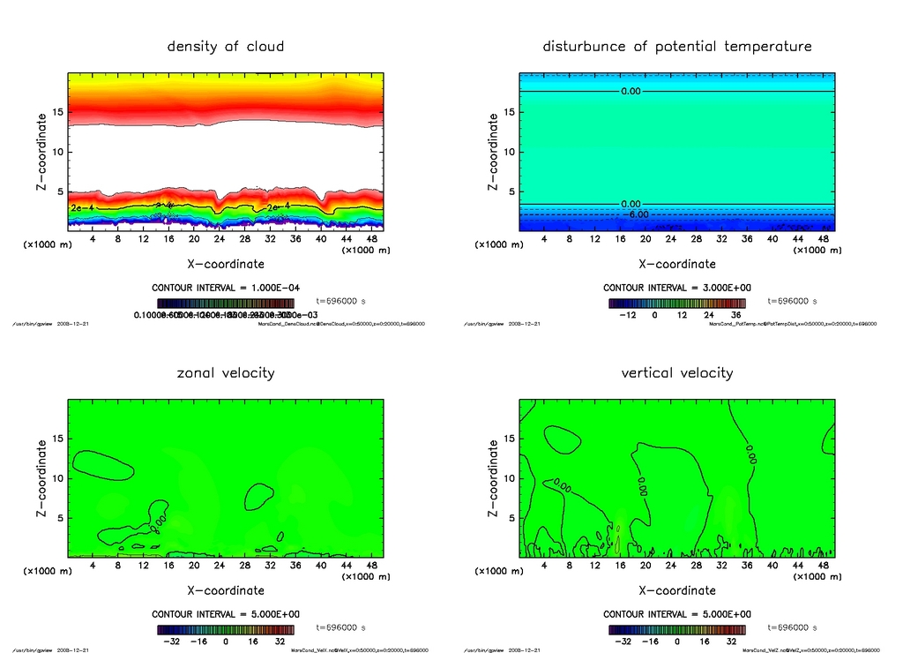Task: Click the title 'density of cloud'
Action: (226, 46)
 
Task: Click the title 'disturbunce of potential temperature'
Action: (677, 46)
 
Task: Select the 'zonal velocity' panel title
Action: (226, 372)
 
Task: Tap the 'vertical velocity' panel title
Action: (677, 372)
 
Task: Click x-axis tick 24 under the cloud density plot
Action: (220, 239)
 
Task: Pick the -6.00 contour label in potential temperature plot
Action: (636, 214)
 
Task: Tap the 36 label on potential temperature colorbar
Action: (734, 314)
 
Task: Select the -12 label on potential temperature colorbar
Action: (628, 314)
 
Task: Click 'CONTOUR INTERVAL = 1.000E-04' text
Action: (226, 288)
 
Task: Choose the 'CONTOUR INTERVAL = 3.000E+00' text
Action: (677, 288)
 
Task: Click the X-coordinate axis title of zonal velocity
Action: (226, 590)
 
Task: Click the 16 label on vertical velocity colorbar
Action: (707, 641)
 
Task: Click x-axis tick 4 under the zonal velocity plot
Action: (93, 566)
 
